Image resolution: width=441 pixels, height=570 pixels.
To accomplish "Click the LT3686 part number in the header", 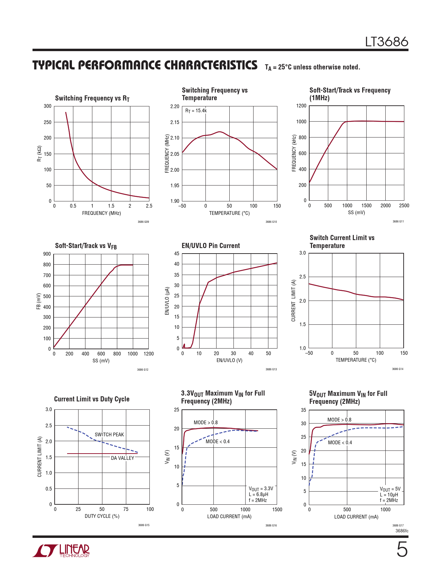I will (x=387, y=42).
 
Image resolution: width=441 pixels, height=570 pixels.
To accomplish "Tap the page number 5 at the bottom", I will (x=402, y=550).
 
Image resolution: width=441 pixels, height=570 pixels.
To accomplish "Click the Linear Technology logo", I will (x=61, y=551).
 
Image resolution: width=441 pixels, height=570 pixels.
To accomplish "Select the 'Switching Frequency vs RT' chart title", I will (x=92, y=98).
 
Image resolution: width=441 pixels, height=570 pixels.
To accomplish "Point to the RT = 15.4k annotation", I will (x=196, y=111).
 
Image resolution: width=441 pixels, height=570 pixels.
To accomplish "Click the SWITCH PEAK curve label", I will (x=109, y=435).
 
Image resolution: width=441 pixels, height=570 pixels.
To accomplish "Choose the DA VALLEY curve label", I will (x=122, y=458).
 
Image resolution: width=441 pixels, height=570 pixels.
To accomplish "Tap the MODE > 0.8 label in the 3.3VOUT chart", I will (x=205, y=422).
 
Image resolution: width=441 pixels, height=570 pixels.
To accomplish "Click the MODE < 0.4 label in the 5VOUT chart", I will (x=340, y=443).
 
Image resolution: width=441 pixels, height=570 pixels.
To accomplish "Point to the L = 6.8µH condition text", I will (x=258, y=494).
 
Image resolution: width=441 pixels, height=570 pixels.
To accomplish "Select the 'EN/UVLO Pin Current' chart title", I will (x=211, y=246).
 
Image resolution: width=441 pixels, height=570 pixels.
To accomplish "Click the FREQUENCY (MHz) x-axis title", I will (x=101, y=213).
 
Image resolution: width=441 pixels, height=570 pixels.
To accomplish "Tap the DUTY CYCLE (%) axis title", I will (x=102, y=516).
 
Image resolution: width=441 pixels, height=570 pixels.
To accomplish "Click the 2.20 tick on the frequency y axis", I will (x=175, y=106).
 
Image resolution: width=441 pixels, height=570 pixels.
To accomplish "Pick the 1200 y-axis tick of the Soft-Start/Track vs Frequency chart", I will (x=301, y=106).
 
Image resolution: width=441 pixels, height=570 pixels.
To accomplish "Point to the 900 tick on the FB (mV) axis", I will (x=47, y=254).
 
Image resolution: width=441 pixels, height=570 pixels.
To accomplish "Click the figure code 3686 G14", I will (x=397, y=369).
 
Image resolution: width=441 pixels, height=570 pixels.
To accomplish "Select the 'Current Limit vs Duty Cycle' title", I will (x=92, y=399).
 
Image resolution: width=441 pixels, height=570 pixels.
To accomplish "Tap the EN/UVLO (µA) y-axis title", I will (x=167, y=301).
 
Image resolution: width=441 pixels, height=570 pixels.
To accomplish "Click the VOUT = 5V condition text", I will (x=390, y=489).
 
